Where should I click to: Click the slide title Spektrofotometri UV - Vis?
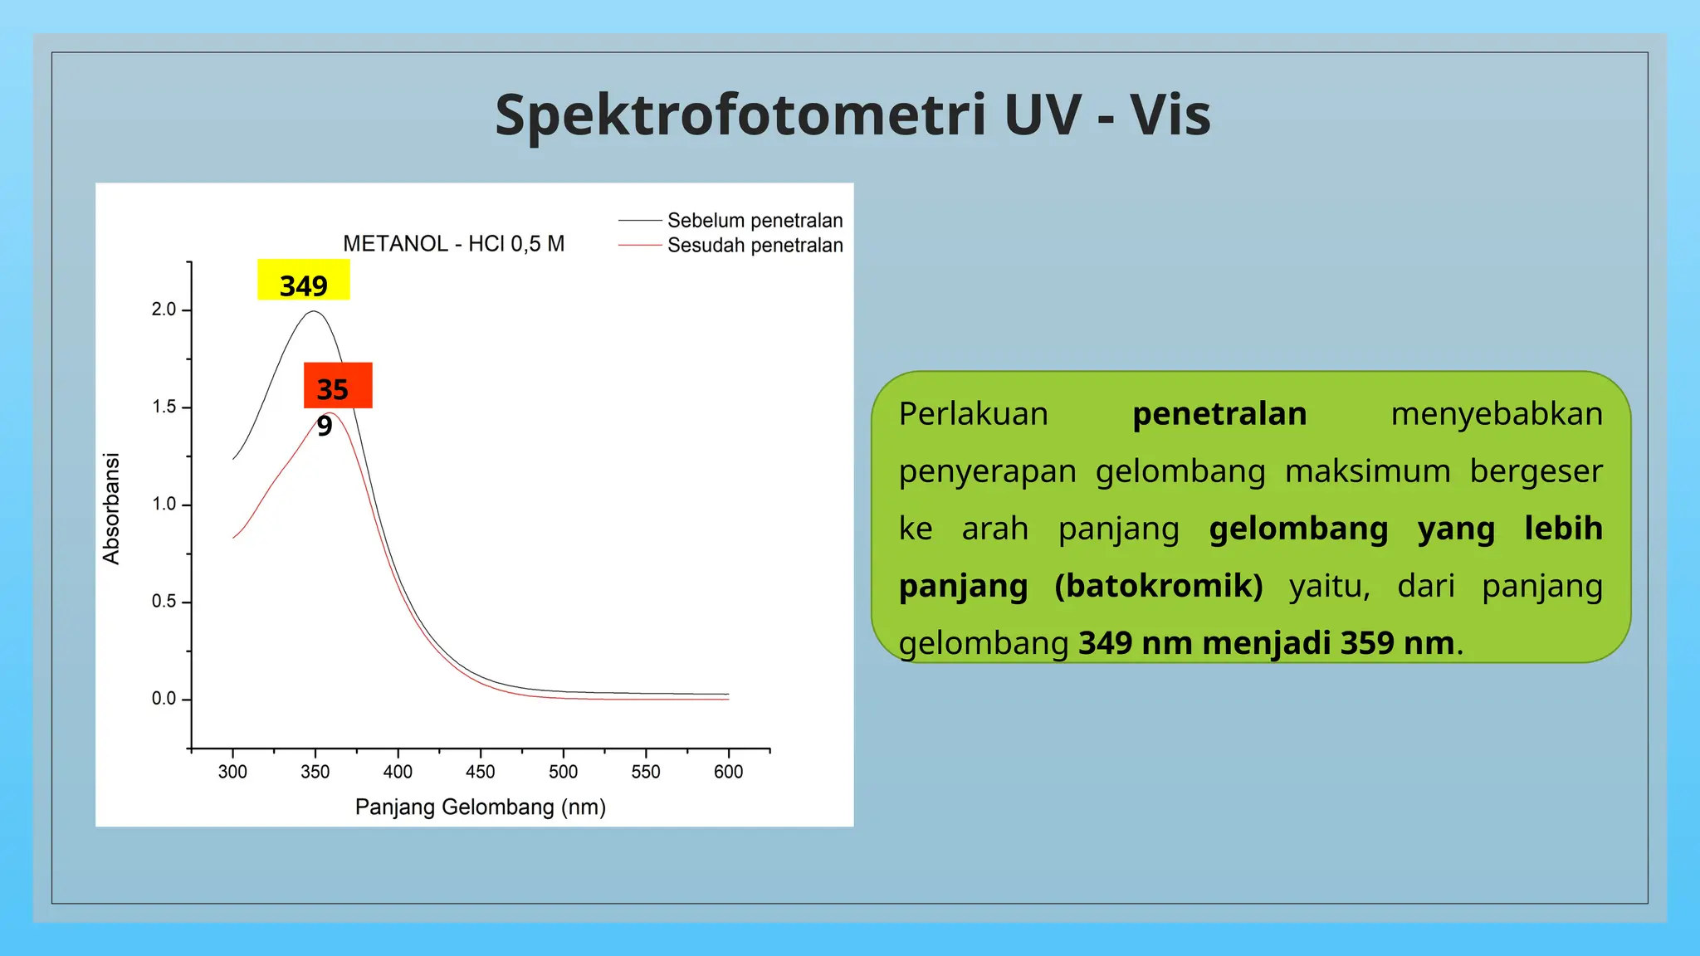coord(852,115)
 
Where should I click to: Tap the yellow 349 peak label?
coord(304,280)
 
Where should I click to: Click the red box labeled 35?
coord(338,386)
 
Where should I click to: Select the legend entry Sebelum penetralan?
coord(755,221)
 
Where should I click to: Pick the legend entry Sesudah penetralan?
coord(755,246)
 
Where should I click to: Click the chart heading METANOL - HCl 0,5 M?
coord(453,244)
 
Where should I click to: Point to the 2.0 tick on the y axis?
coord(164,310)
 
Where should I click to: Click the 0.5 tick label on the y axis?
coord(164,602)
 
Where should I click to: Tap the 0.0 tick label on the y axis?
coord(164,699)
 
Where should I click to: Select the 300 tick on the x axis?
coord(232,772)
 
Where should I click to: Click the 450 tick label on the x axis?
coord(480,772)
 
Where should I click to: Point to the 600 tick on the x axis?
coord(728,772)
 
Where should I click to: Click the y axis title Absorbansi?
coord(111,509)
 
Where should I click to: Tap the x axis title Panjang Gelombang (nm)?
coord(481,807)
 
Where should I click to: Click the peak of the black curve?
coord(314,312)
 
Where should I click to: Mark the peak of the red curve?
coord(330,413)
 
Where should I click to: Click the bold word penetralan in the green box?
coord(1219,414)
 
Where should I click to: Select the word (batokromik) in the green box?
coord(1159,586)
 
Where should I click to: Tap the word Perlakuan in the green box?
coord(974,414)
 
